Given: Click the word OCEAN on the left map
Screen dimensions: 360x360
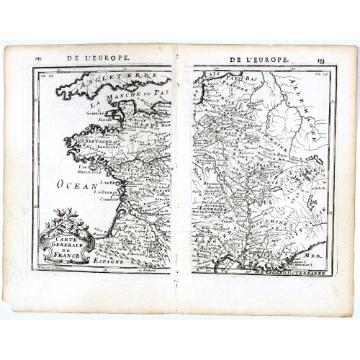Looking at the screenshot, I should pos(76,185).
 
